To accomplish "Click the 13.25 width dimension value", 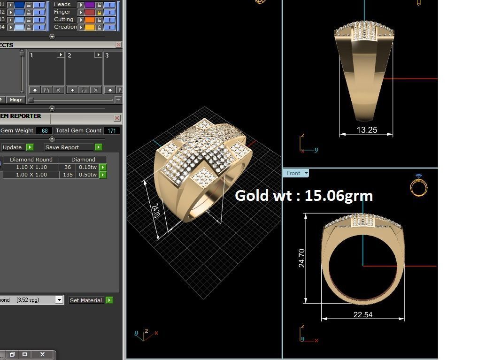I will coord(367,130).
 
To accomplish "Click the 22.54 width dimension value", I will coord(362,314).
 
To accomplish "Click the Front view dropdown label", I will coord(293,173).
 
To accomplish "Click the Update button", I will coord(12,147).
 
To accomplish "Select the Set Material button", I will coord(85,300).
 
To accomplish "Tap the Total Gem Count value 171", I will coord(112,131).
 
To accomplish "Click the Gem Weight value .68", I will coord(45,131).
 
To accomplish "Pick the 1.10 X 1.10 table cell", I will coord(31,167).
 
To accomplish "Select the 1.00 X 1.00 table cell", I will coord(31,175).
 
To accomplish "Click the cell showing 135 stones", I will coord(68,175).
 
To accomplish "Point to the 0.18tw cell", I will coord(87,167).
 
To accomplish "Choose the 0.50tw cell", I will coord(87,175).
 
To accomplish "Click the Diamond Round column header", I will coord(31,160).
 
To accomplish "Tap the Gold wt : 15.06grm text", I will coord(304,195).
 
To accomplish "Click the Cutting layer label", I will coord(63,19).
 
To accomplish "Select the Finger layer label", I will coord(62,12).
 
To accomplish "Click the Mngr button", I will coord(15,100).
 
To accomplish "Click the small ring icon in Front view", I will coord(418,185).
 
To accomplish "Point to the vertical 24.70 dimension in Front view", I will coord(301,258).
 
